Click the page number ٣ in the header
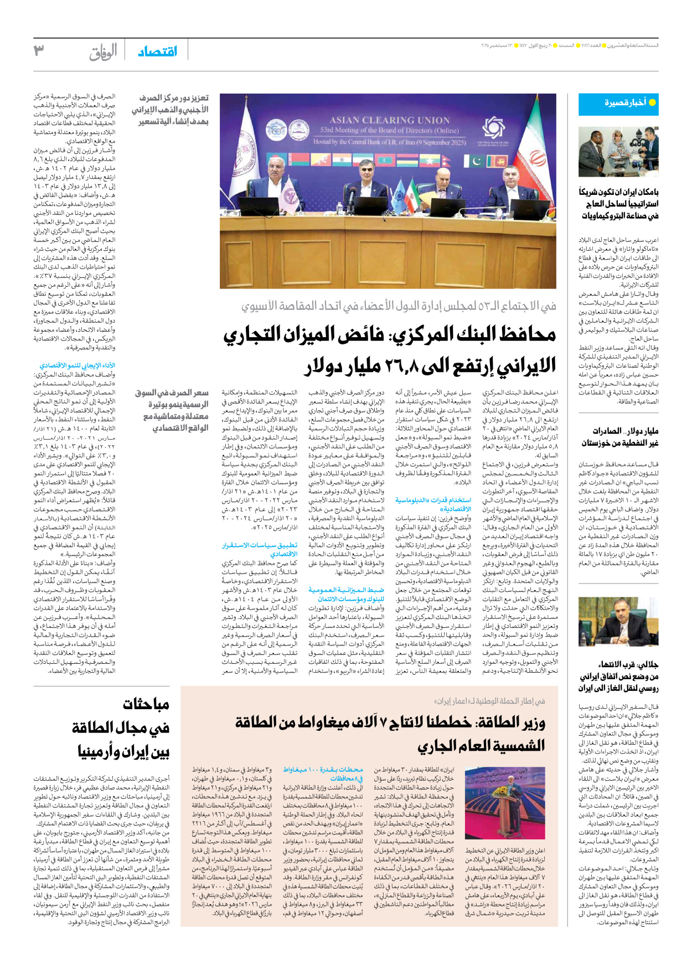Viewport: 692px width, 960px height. [39, 51]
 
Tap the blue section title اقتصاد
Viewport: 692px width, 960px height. [158, 51]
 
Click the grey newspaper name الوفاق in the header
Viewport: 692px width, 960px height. [103, 52]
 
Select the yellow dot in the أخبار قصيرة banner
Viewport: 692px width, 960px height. [652, 103]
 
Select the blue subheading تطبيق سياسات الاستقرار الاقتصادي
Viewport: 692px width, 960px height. [260, 549]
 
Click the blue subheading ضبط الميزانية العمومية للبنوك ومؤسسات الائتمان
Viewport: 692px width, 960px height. [347, 595]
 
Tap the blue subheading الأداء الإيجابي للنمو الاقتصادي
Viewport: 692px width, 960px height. [78, 365]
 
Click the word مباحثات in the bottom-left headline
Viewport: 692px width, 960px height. [146, 705]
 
